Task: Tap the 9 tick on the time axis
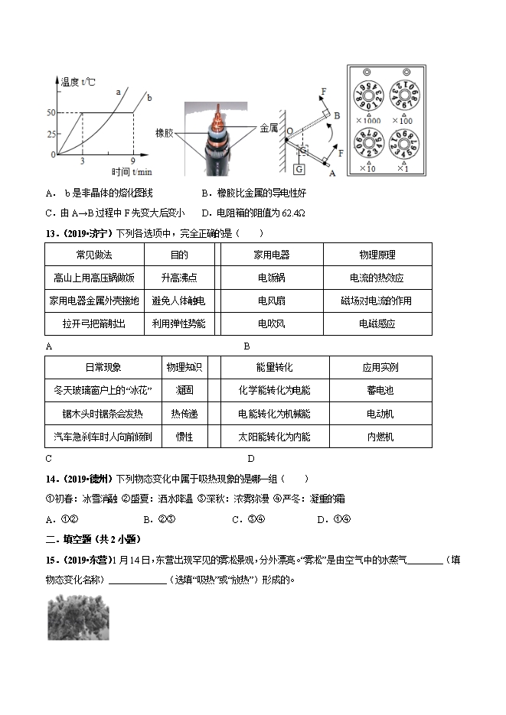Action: click(x=133, y=161)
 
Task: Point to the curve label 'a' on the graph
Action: click(x=118, y=93)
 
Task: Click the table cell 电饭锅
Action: click(x=272, y=278)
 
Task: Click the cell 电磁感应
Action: click(x=377, y=323)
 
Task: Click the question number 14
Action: click(x=51, y=479)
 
